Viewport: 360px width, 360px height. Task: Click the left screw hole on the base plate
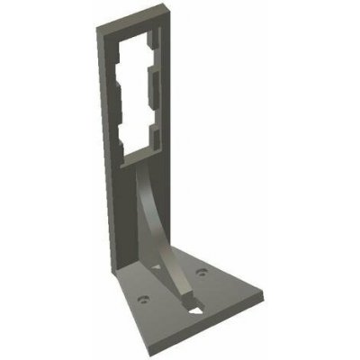[x=141, y=292]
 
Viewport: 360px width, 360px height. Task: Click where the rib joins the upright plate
[x=144, y=171]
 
